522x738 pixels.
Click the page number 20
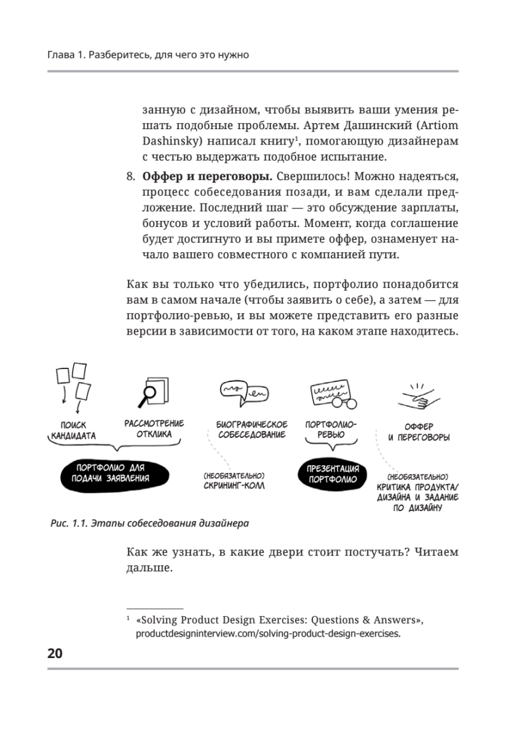click(55, 654)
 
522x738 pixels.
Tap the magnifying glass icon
click(148, 393)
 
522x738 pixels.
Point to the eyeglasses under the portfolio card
click(341, 403)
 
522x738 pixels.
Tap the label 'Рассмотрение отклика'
click(154, 429)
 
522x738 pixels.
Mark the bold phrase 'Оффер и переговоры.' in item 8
click(207, 177)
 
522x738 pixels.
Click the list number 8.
click(130, 177)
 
